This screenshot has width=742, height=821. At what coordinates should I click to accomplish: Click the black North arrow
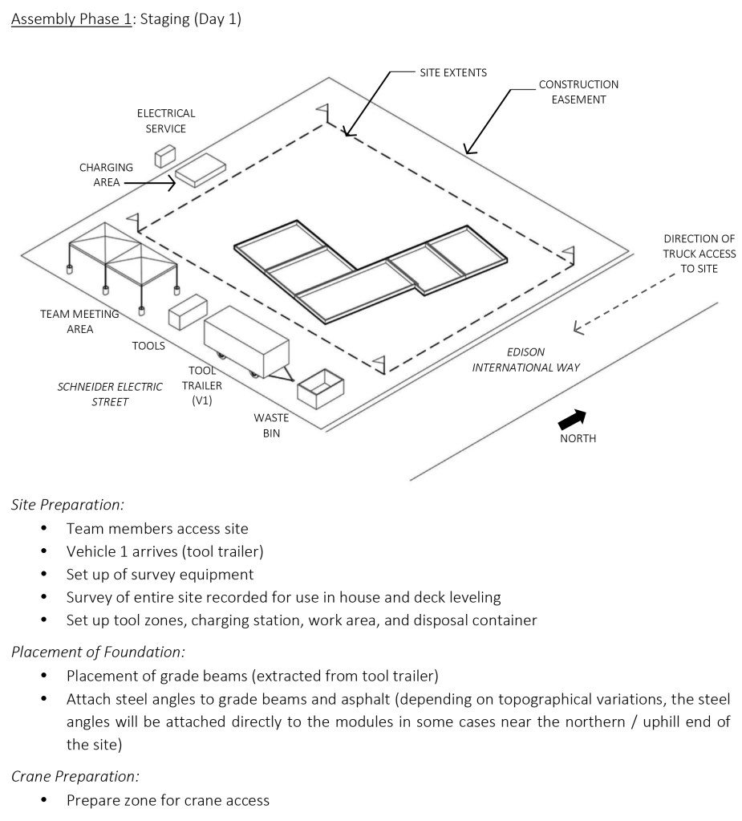[x=572, y=419]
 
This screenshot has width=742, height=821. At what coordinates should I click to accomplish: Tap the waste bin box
[x=320, y=389]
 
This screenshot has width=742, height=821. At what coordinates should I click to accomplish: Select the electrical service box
[x=164, y=156]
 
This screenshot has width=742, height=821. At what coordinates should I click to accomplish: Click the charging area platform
[x=201, y=170]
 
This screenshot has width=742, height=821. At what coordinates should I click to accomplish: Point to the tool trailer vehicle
[x=247, y=343]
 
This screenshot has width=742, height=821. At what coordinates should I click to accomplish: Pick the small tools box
[x=188, y=312]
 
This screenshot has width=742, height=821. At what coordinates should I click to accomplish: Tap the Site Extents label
[x=453, y=73]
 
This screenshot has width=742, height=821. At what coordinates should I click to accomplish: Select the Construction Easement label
[x=578, y=91]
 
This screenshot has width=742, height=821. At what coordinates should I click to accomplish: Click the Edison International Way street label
[x=526, y=360]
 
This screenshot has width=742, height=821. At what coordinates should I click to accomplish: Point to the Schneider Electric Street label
[x=110, y=394]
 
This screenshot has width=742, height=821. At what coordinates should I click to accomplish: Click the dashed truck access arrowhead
[x=578, y=327]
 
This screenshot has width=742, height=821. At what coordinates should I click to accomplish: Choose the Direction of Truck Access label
[x=699, y=254]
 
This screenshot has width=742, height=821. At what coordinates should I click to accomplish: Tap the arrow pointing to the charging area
[x=150, y=183]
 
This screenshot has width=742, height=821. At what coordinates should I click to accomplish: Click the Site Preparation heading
[x=68, y=505]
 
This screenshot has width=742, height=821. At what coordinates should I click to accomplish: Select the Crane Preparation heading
[x=75, y=777]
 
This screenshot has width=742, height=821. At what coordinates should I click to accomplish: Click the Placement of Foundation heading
[x=99, y=652]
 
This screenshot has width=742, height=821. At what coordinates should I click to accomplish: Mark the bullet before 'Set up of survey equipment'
[x=43, y=575]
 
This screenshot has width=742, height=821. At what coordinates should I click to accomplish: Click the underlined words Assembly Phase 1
[x=71, y=19]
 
